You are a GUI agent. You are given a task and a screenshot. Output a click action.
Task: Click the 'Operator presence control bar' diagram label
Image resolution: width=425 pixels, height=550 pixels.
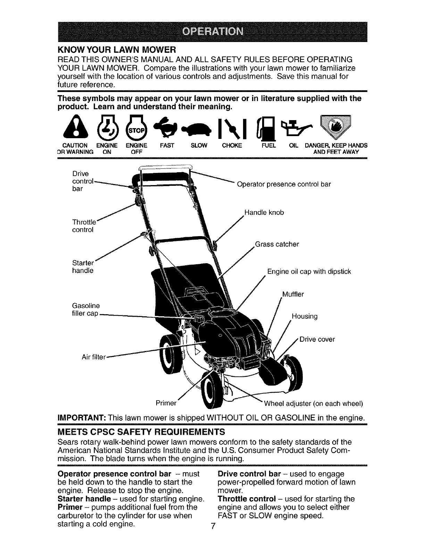pos(284,184)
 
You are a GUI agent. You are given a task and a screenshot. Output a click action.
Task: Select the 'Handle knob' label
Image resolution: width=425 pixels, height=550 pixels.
pos(264,212)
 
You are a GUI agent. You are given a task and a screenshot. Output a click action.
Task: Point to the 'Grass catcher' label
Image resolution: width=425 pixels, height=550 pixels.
pos(277,244)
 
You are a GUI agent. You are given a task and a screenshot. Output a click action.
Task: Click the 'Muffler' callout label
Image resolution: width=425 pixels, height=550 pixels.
pos(293,294)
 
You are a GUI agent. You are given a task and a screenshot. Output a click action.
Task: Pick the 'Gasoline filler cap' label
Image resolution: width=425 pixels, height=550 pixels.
pos(85,310)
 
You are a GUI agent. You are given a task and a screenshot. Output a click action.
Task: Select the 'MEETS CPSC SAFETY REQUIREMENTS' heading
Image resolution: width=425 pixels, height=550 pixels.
pos(141,432)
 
